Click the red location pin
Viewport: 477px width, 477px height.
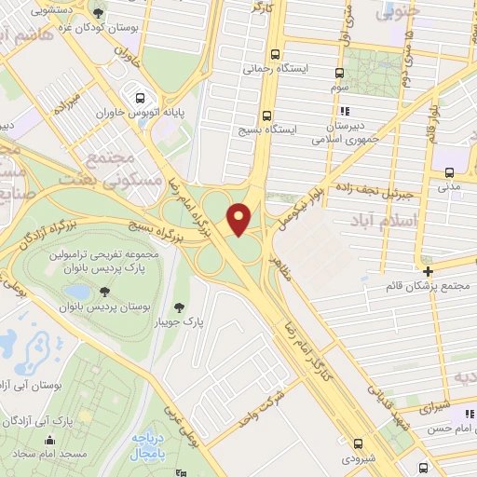click(x=239, y=218)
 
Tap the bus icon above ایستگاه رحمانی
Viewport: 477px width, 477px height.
click(x=274, y=55)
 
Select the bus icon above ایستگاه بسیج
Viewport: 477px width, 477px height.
click(x=267, y=116)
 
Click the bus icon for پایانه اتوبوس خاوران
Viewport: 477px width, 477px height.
click(x=140, y=98)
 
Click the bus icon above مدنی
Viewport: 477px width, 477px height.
click(x=450, y=172)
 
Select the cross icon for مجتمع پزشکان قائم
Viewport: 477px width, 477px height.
click(x=427, y=271)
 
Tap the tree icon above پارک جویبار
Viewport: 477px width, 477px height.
click(x=179, y=307)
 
